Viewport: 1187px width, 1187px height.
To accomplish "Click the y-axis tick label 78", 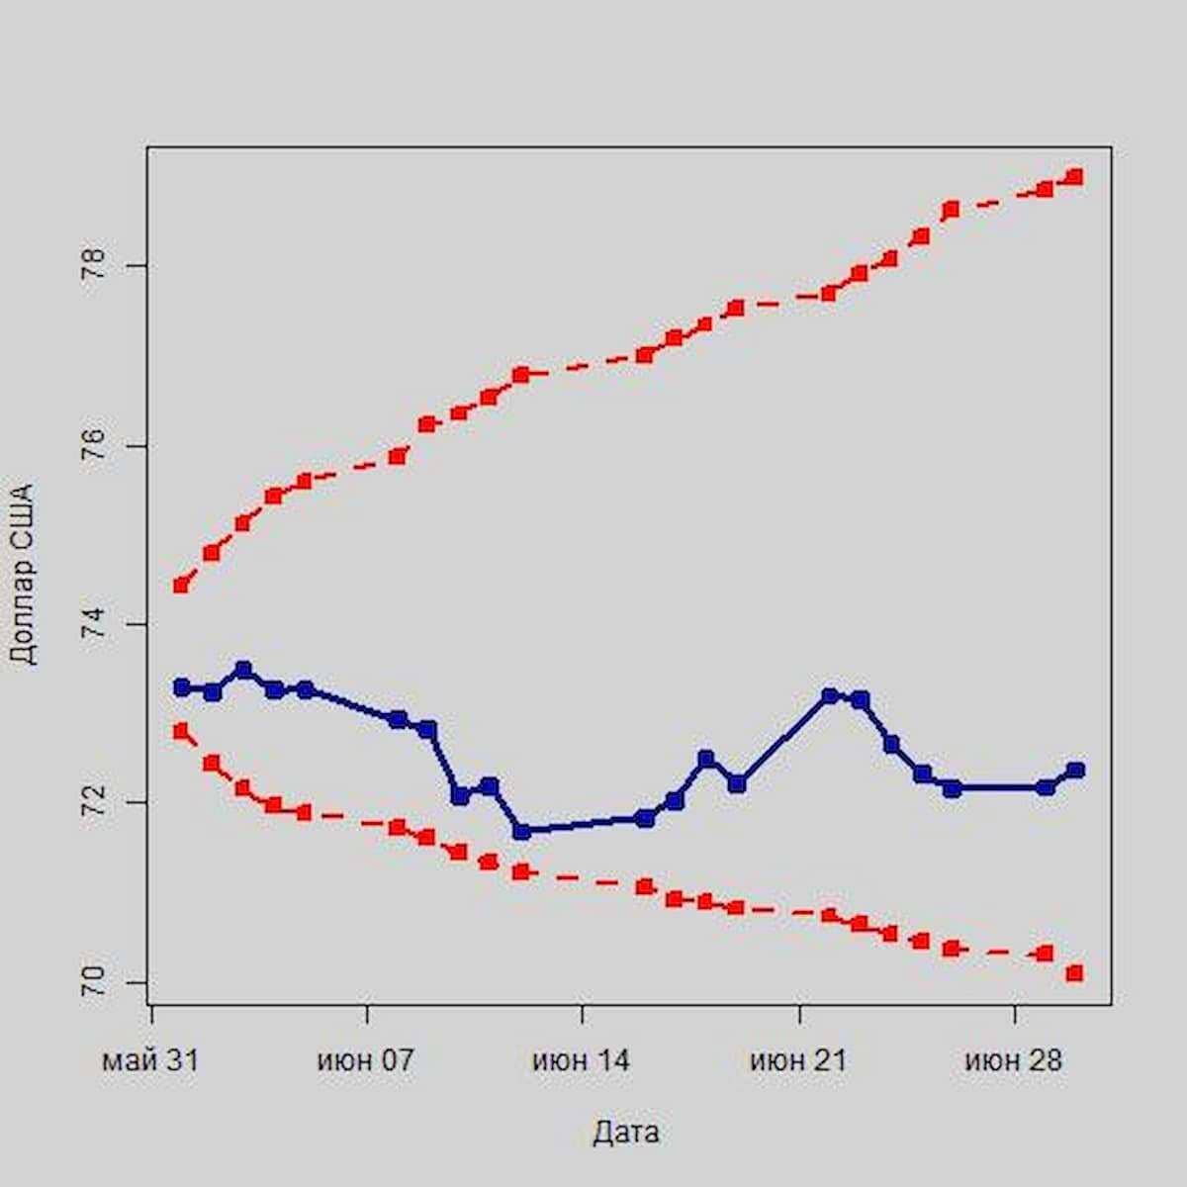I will (x=93, y=266).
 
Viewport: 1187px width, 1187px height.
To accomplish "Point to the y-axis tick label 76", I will (x=93, y=446).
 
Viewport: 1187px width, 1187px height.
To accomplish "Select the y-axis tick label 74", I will (x=93, y=624).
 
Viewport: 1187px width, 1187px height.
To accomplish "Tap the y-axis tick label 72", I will (x=93, y=803).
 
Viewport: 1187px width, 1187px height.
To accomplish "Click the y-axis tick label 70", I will (x=93, y=982).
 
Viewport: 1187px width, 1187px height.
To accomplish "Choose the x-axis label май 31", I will (x=150, y=1060).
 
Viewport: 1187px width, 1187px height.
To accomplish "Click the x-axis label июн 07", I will (x=366, y=1060).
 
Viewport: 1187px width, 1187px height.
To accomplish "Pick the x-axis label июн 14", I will (x=582, y=1060).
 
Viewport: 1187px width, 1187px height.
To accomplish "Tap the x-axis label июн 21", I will (x=798, y=1060).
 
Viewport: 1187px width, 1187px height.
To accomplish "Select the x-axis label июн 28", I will (x=1014, y=1060).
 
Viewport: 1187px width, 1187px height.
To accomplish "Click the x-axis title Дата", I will (x=626, y=1133).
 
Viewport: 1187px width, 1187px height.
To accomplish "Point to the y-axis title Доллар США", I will (x=22, y=574).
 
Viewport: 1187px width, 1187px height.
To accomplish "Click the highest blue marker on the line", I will (x=243, y=670).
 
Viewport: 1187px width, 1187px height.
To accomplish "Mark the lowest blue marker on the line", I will (x=521, y=832).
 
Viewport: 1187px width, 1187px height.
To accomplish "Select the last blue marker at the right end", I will (x=1075, y=770).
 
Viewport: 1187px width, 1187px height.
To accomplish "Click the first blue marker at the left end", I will (x=181, y=686).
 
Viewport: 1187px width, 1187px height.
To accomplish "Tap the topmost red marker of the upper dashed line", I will (x=1075, y=177).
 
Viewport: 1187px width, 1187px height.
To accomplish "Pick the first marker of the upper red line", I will (x=181, y=585).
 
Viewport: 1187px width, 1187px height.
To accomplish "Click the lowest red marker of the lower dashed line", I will (x=1075, y=973).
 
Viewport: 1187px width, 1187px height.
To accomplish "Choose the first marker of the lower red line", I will (x=181, y=731).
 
